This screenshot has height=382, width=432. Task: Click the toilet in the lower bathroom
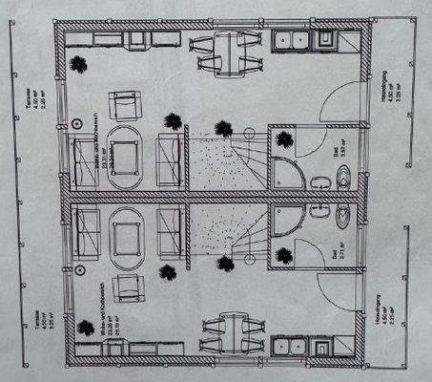click(344, 209)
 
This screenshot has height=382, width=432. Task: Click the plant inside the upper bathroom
click(283, 139)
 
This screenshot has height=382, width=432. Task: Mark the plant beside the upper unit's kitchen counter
click(76, 64)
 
